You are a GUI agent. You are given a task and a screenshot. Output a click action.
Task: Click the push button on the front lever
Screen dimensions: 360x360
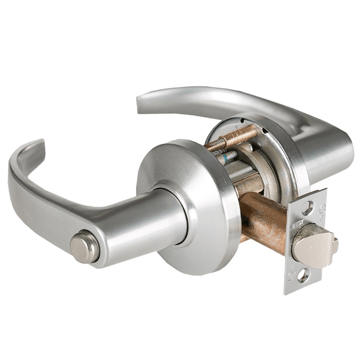click(84, 246)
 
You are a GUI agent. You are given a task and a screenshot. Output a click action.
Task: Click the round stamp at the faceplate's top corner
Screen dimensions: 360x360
click(321, 208)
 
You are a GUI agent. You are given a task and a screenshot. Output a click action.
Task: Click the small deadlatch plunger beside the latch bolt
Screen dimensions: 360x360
click(335, 245)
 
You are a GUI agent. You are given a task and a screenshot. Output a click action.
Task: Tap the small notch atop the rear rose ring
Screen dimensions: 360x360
click(243, 121)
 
